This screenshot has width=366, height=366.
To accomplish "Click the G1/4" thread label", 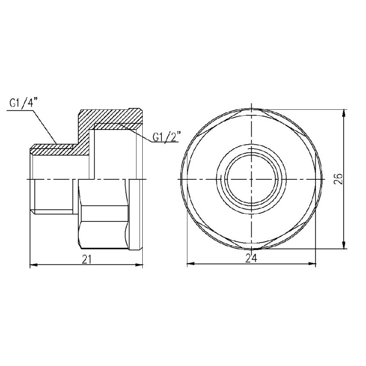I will pyautogui.click(x=22, y=103).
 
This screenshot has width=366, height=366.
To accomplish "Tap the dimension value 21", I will pyautogui.click(x=87, y=259).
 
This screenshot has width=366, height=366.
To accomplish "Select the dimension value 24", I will pyautogui.click(x=250, y=258).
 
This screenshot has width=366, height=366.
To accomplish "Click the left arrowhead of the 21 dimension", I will pyautogui.click(x=32, y=264).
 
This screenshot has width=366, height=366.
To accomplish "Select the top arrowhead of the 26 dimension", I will pyautogui.click(x=344, y=111).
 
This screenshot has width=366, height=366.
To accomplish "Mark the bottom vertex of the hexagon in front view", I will pyautogui.click(x=251, y=249).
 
